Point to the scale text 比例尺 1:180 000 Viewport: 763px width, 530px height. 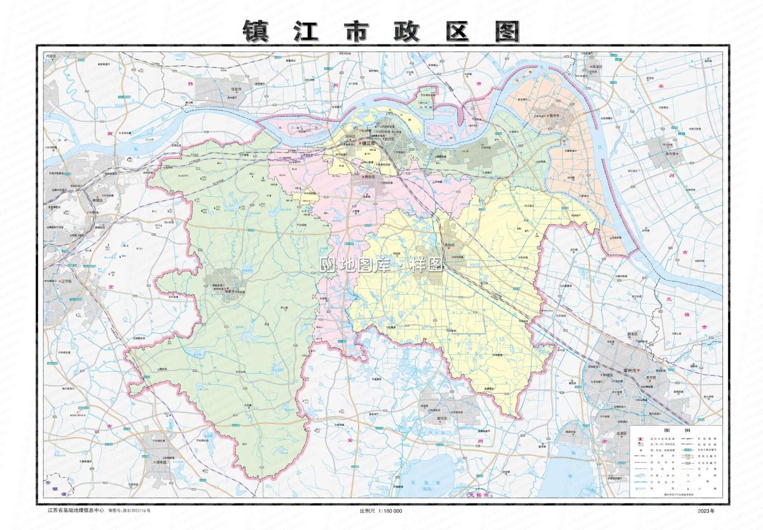pos(381,511)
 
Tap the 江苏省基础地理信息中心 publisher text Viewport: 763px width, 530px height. pos(76,510)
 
